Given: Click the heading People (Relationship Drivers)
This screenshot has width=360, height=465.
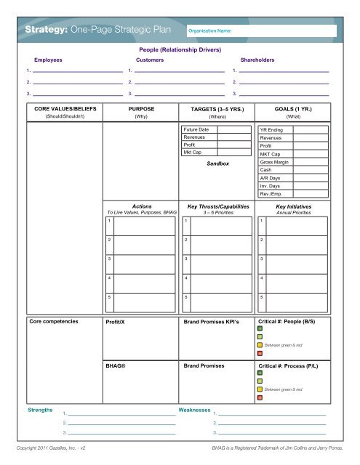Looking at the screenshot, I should [x=180, y=50].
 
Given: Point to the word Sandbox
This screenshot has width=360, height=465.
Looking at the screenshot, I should [x=217, y=163].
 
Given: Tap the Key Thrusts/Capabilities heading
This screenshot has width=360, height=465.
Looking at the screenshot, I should [x=217, y=206].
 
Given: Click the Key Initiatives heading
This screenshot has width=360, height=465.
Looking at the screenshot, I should [x=294, y=206].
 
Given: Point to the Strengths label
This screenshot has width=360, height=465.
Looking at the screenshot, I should [x=40, y=411].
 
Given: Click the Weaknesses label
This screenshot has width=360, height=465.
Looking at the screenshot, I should [x=195, y=411].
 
